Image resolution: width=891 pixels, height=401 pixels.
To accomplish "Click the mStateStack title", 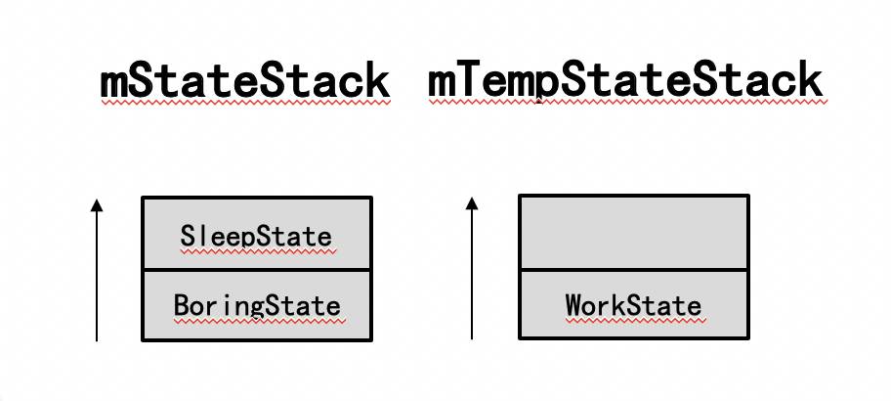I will [x=244, y=82].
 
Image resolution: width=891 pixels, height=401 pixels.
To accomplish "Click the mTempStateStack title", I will [x=625, y=82].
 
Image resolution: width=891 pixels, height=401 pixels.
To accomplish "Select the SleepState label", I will [x=256, y=236].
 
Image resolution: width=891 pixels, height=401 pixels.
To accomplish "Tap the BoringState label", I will [x=256, y=306].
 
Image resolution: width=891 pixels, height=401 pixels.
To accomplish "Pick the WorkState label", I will [x=633, y=306].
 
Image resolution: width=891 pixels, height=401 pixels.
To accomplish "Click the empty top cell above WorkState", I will [x=633, y=233].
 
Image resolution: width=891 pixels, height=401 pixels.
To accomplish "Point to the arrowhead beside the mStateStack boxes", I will [x=96, y=204].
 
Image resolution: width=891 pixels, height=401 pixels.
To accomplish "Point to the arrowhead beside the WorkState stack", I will [x=472, y=203].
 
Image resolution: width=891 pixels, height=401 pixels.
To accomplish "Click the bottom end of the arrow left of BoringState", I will [x=96, y=338].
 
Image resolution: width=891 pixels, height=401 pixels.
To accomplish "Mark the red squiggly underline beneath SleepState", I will [x=256, y=250].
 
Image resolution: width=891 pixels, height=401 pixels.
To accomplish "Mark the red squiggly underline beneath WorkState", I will [x=633, y=320].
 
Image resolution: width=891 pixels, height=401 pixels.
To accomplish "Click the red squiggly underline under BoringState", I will [x=256, y=321].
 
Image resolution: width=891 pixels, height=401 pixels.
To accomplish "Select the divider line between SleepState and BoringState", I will [x=256, y=269].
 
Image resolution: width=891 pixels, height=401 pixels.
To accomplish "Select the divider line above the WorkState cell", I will [x=633, y=269].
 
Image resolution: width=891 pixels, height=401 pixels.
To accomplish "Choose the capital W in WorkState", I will [x=573, y=306].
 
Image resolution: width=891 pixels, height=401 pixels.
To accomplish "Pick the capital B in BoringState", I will [x=181, y=306].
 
